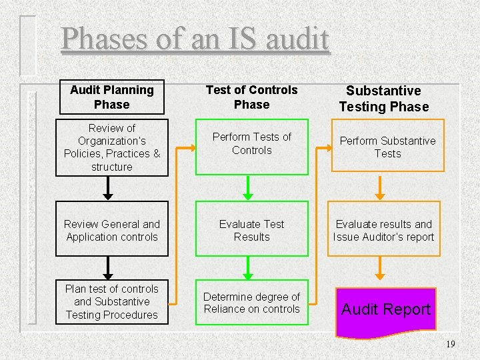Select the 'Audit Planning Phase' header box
(x=112, y=97)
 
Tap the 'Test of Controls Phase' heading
(x=252, y=97)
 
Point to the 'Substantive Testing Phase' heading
(x=384, y=99)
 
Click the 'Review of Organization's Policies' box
(x=112, y=147)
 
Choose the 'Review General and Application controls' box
(x=112, y=231)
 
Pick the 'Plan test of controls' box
(x=112, y=302)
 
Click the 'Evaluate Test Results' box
(x=252, y=231)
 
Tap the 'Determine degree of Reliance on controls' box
(x=252, y=302)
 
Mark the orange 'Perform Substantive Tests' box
(x=387, y=147)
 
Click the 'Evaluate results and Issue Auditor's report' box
(x=384, y=231)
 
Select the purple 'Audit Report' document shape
(x=386, y=309)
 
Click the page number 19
(x=451, y=344)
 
